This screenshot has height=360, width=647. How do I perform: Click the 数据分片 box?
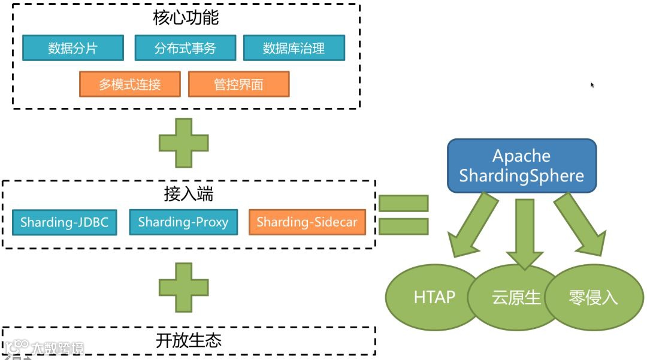click(73, 48)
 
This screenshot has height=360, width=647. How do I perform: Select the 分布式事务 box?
click(185, 48)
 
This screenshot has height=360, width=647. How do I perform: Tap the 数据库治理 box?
click(294, 48)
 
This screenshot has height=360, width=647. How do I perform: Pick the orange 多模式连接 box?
click(129, 84)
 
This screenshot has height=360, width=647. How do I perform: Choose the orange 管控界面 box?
click(238, 84)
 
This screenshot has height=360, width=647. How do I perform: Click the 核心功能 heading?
click(186, 17)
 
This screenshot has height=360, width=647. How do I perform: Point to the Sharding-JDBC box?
click(64, 222)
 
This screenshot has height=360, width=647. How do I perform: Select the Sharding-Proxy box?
click(183, 222)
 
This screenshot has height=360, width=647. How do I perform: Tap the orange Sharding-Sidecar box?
click(307, 222)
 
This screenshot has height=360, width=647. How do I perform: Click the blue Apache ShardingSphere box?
click(521, 166)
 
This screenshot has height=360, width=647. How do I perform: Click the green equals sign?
click(404, 214)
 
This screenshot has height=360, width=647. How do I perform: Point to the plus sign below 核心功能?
click(183, 143)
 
